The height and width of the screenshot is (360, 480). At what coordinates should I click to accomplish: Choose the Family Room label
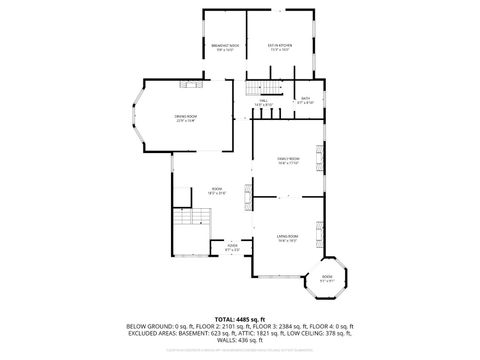(x=288, y=161)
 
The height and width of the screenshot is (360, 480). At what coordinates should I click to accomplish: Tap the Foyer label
(x=232, y=246)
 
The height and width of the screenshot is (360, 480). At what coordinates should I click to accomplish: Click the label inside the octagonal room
(x=327, y=279)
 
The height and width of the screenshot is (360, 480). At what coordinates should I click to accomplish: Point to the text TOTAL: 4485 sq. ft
(x=240, y=319)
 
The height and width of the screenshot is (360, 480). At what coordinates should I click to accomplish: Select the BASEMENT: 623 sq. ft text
(x=213, y=333)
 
